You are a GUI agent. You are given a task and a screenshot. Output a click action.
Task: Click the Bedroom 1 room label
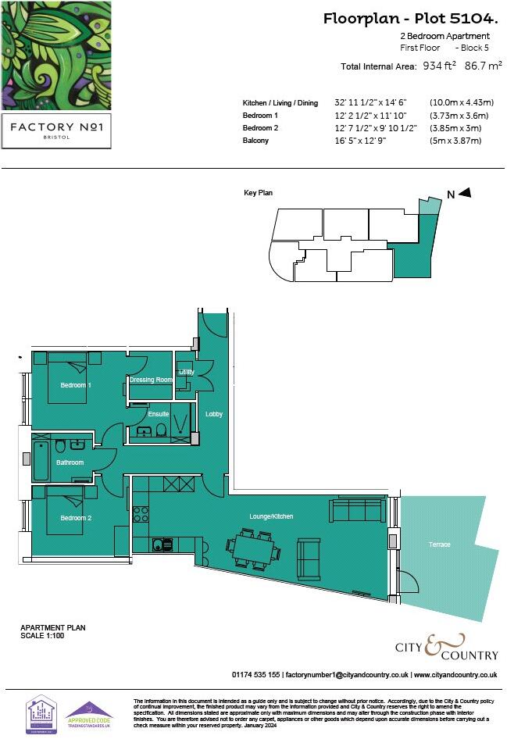(76, 385)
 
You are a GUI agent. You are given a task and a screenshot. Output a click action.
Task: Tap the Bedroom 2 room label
(76, 518)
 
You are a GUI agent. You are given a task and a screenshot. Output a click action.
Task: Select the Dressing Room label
(151, 380)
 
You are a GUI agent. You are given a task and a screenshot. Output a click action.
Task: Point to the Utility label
(186, 373)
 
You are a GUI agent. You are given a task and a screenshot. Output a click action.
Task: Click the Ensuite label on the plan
(159, 414)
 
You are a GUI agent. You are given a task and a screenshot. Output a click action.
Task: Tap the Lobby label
(213, 414)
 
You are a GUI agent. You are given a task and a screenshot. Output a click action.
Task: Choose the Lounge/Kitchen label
(270, 516)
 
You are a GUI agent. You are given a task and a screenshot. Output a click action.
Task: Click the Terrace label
(439, 544)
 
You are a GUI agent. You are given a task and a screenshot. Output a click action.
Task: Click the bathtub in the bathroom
(41, 460)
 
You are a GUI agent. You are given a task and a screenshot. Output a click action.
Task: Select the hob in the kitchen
(141, 514)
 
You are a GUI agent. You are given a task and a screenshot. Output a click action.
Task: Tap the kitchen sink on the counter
(162, 544)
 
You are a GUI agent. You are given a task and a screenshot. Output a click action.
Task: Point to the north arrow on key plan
(464, 193)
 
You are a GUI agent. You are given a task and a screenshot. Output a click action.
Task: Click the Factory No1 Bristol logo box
(55, 129)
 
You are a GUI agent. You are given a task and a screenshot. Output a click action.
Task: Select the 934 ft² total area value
(439, 66)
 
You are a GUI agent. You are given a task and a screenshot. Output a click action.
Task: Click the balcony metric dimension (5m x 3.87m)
(455, 141)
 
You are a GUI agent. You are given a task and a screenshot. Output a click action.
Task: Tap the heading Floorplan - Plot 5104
(412, 19)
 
